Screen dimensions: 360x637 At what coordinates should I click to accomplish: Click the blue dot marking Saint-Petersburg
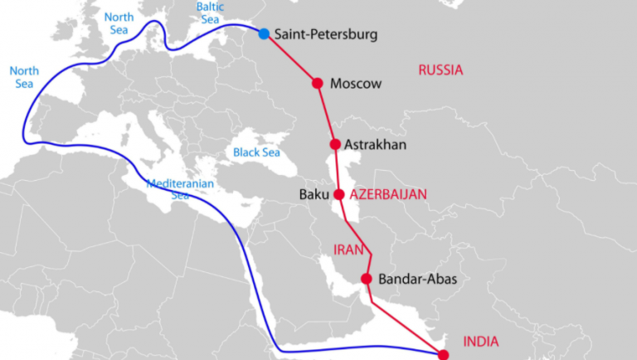point(264,34)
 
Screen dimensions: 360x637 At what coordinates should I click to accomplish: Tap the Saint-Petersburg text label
point(325,35)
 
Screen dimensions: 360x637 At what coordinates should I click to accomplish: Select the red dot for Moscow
point(317,83)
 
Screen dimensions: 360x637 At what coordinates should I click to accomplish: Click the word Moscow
point(355,84)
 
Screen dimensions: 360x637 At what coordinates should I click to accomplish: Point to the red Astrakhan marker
point(335,144)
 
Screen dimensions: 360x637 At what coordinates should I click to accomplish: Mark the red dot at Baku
point(338,195)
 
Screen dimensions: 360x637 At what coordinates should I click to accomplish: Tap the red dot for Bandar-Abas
point(366,279)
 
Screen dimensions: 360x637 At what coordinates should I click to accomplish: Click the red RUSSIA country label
point(440,70)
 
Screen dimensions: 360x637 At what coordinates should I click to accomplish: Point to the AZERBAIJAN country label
point(388,195)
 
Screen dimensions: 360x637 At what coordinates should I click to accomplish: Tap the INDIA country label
point(482,341)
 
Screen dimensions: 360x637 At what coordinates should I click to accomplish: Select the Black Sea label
point(256,153)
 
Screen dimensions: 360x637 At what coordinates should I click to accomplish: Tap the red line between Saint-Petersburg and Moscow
point(291,59)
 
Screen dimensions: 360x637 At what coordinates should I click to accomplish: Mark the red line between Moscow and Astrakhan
point(327,114)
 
